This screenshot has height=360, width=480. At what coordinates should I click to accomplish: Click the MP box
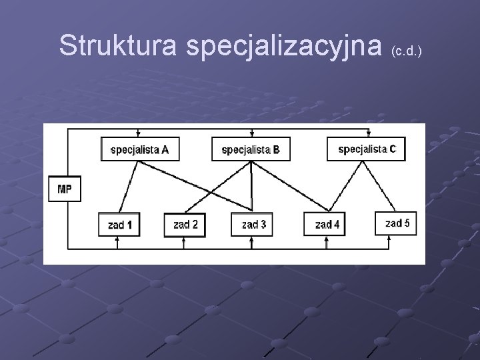click(65, 189)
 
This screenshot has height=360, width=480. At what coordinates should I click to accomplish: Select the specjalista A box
click(139, 149)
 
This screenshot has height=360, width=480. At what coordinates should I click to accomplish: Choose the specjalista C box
click(367, 149)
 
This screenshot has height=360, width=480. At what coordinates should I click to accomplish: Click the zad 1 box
click(119, 225)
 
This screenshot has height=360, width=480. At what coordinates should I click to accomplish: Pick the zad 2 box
click(185, 225)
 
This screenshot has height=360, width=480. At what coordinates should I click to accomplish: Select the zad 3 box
click(253, 225)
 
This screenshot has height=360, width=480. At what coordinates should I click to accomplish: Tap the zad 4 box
click(327, 225)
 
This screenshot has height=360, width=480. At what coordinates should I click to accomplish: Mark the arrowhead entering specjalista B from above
click(251, 133)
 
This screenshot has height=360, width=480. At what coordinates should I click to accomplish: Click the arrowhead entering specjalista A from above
click(137, 133)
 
